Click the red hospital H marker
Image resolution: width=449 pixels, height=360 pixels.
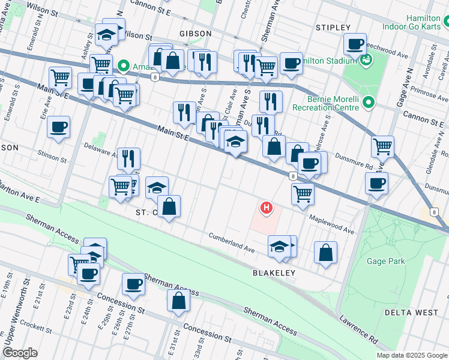[266, 208]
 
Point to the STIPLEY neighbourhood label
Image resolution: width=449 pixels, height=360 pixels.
[333, 28]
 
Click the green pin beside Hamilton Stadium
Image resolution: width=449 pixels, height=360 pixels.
[365, 61]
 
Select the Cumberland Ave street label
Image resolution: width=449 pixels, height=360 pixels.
[232, 242]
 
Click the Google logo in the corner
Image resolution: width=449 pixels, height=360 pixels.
[20, 353]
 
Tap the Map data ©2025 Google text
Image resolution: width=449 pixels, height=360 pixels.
[412, 355]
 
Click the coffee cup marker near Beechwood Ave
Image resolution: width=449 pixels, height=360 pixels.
[355, 43]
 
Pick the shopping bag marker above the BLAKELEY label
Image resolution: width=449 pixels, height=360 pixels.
[325, 253]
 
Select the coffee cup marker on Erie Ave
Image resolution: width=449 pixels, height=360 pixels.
[58, 127]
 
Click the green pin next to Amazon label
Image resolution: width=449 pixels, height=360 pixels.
[124, 65]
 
